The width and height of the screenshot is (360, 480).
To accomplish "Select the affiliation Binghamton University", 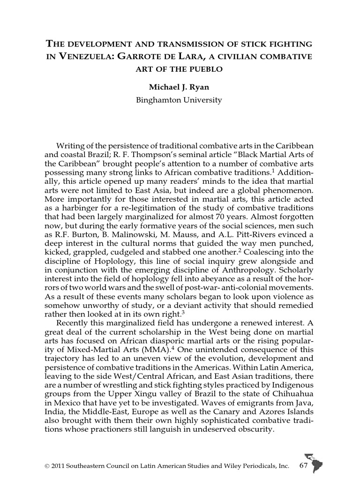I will pos(179,100).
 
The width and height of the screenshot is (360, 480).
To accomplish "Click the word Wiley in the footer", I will pos(225,466).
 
